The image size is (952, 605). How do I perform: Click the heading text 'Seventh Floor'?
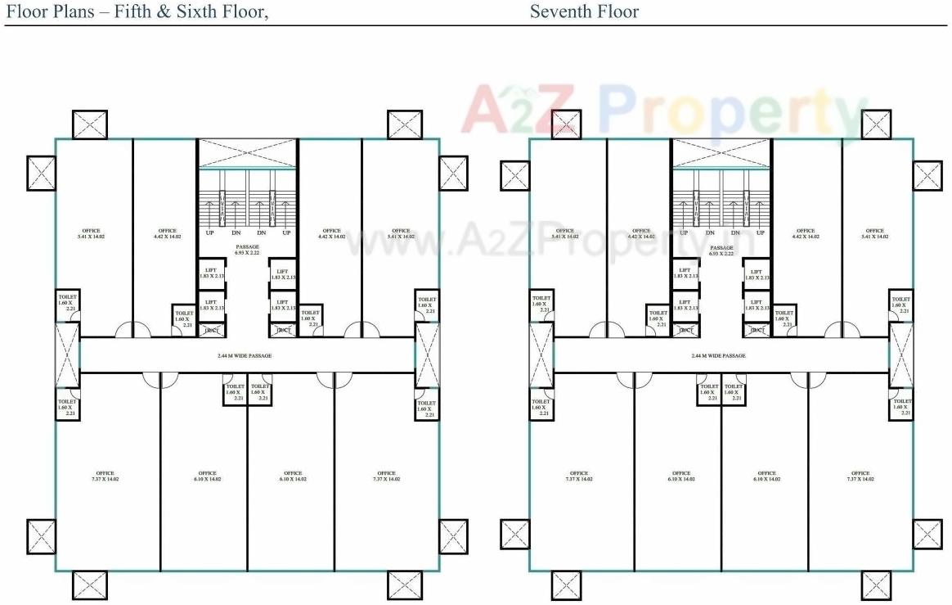click(584, 11)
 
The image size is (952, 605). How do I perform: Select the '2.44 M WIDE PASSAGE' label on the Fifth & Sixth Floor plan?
click(245, 356)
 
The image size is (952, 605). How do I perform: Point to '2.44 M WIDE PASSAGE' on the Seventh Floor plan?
click(718, 356)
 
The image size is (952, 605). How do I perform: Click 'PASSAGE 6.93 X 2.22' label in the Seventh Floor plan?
click(721, 251)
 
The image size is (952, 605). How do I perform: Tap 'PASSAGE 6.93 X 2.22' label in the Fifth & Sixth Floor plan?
click(247, 251)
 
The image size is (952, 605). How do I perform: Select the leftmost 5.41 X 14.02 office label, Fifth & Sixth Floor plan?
click(91, 233)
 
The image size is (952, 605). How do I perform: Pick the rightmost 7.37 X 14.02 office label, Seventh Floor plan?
click(860, 476)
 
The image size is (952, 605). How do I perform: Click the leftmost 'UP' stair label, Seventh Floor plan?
click(684, 233)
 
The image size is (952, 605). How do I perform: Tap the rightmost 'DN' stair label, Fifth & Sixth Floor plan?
click(261, 233)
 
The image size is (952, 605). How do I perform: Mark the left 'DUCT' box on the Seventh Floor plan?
click(685, 331)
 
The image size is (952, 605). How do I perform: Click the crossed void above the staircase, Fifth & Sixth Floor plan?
click(247, 154)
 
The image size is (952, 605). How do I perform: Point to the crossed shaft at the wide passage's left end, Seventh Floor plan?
click(541, 354)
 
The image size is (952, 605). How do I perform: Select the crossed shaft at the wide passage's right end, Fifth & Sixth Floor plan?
click(427, 354)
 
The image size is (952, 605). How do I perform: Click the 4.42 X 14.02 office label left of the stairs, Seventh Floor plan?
click(641, 233)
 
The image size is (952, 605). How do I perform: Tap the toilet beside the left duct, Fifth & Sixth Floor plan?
click(184, 318)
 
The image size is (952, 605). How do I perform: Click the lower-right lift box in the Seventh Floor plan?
click(756, 305)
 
